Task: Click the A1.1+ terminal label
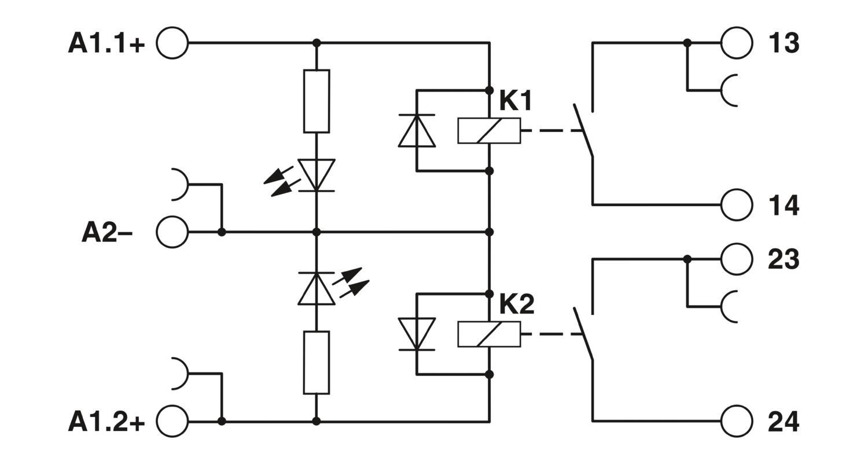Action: point(106,43)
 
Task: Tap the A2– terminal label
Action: point(107,233)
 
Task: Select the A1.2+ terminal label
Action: point(106,422)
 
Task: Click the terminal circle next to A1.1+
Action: point(172,43)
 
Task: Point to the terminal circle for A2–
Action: point(172,232)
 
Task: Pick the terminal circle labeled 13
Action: point(737,43)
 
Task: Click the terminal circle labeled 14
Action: point(737,204)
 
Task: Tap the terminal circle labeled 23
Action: point(737,259)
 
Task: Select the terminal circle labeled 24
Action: point(737,421)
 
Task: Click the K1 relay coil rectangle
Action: point(489,130)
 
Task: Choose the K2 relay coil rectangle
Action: point(489,334)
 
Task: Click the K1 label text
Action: point(515,102)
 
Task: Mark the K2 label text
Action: point(516,305)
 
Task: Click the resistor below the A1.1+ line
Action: point(317,101)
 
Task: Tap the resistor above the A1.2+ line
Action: point(317,363)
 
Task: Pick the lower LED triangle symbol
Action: point(317,289)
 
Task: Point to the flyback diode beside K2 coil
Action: point(417,334)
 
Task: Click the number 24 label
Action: point(784,422)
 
